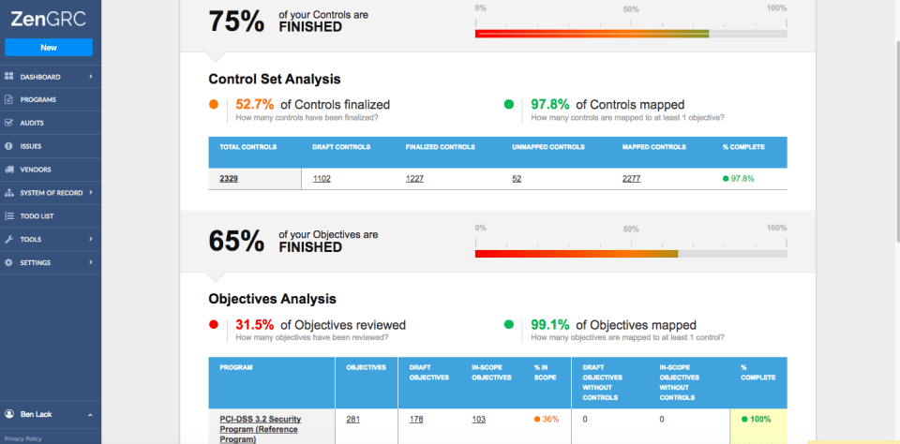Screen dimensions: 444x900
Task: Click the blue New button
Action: [x=49, y=47]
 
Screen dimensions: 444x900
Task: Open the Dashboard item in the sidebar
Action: [x=40, y=76]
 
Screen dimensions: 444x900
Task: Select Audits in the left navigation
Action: [x=32, y=123]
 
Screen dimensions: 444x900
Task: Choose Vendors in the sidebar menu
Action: [x=36, y=170]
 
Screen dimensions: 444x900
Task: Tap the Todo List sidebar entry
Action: [x=37, y=215]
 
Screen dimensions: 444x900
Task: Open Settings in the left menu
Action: [x=36, y=262]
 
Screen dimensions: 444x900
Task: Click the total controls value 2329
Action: [x=229, y=178]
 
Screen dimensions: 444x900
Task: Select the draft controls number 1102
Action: [x=322, y=178]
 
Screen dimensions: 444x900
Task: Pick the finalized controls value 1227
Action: [x=415, y=178]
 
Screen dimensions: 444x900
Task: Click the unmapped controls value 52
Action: [x=517, y=178]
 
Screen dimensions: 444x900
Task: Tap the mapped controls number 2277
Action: [x=632, y=178]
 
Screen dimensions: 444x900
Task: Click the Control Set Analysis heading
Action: [x=274, y=80]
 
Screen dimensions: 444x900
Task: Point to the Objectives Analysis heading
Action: [x=272, y=299]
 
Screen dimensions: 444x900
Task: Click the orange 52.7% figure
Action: [x=255, y=105]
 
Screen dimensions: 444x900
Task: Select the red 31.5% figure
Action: [x=254, y=325]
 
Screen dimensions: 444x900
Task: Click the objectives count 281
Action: [x=353, y=419]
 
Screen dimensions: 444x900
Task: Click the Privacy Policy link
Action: [x=23, y=438]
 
